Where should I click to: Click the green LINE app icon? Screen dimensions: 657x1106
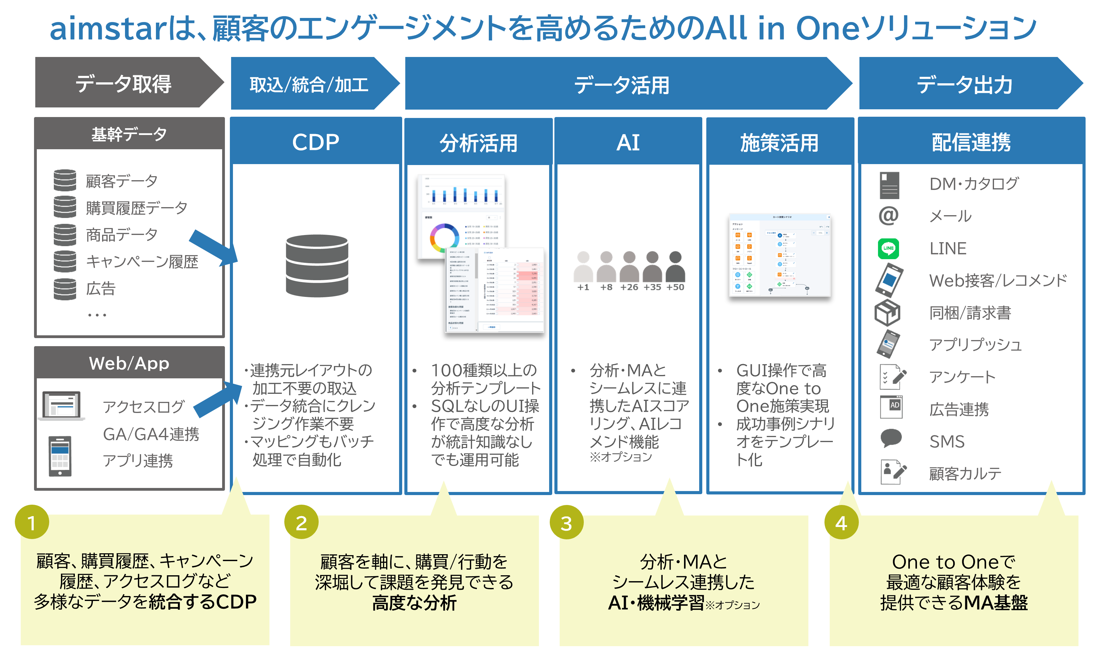[888, 248]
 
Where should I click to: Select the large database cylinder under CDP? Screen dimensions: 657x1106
[317, 266]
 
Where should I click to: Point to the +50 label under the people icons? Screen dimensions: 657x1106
[675, 287]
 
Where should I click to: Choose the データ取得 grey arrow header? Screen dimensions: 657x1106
[124, 83]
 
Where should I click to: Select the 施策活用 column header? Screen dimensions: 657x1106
[780, 142]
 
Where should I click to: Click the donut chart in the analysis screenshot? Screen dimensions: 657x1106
[444, 238]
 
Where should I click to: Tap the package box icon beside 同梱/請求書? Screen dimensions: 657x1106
[888, 313]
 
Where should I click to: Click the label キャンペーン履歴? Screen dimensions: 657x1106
[142, 262]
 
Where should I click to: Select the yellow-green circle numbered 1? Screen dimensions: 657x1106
[32, 522]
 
